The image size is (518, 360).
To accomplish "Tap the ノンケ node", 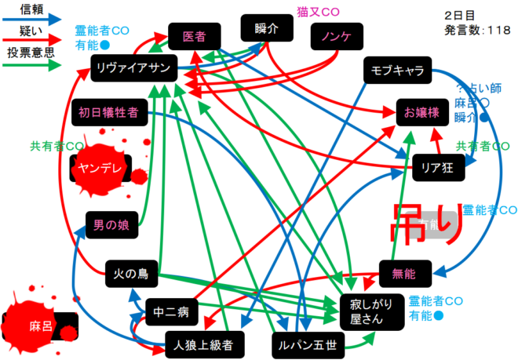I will pos(335,37).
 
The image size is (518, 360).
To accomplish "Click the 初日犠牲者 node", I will pos(109,112).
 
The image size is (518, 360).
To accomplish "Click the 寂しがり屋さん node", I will pos(366,311).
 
